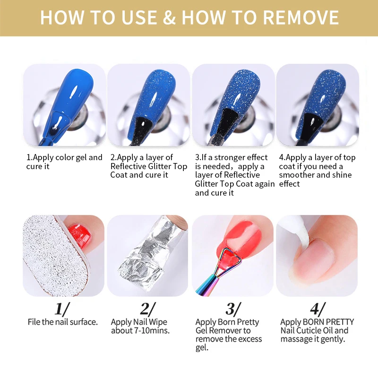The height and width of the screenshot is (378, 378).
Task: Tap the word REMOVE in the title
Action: [x=301, y=17]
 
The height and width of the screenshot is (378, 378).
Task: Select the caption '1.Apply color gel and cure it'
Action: [x=64, y=162]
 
